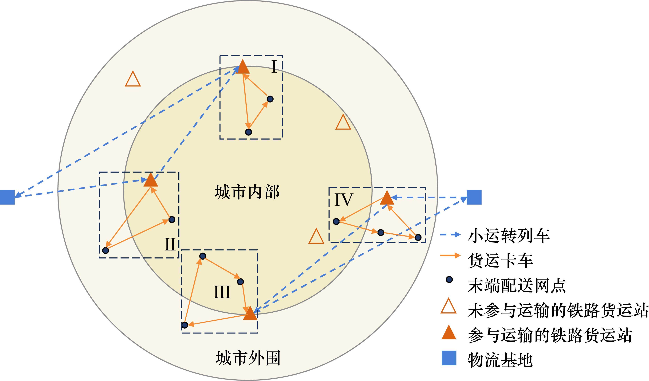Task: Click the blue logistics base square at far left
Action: tap(7, 197)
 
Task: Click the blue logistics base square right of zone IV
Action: tap(474, 197)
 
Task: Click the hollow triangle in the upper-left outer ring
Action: tap(133, 80)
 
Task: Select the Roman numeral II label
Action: tap(170, 244)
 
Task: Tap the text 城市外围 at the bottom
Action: tap(248, 358)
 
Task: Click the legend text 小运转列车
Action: tap(509, 236)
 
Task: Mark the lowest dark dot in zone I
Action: tap(248, 132)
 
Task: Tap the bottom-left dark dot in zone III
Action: tap(185, 325)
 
